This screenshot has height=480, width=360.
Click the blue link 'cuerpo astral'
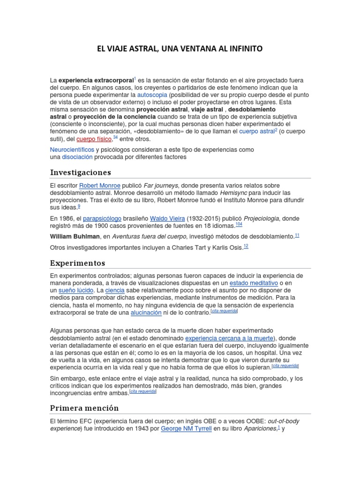(256, 132)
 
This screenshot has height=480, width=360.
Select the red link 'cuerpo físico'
(94, 139)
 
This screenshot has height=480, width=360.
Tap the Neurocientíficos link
(72, 150)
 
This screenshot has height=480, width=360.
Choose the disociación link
(77, 157)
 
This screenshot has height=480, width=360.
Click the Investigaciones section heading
(81, 172)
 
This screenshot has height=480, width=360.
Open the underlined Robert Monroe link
(99, 186)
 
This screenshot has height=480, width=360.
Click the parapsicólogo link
(102, 218)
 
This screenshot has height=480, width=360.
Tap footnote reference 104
(239, 225)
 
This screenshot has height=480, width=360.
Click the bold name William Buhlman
(75, 236)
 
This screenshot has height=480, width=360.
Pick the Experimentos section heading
(78, 263)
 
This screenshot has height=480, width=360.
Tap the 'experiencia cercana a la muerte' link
(229, 338)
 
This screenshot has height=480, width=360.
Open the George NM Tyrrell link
(186, 428)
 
